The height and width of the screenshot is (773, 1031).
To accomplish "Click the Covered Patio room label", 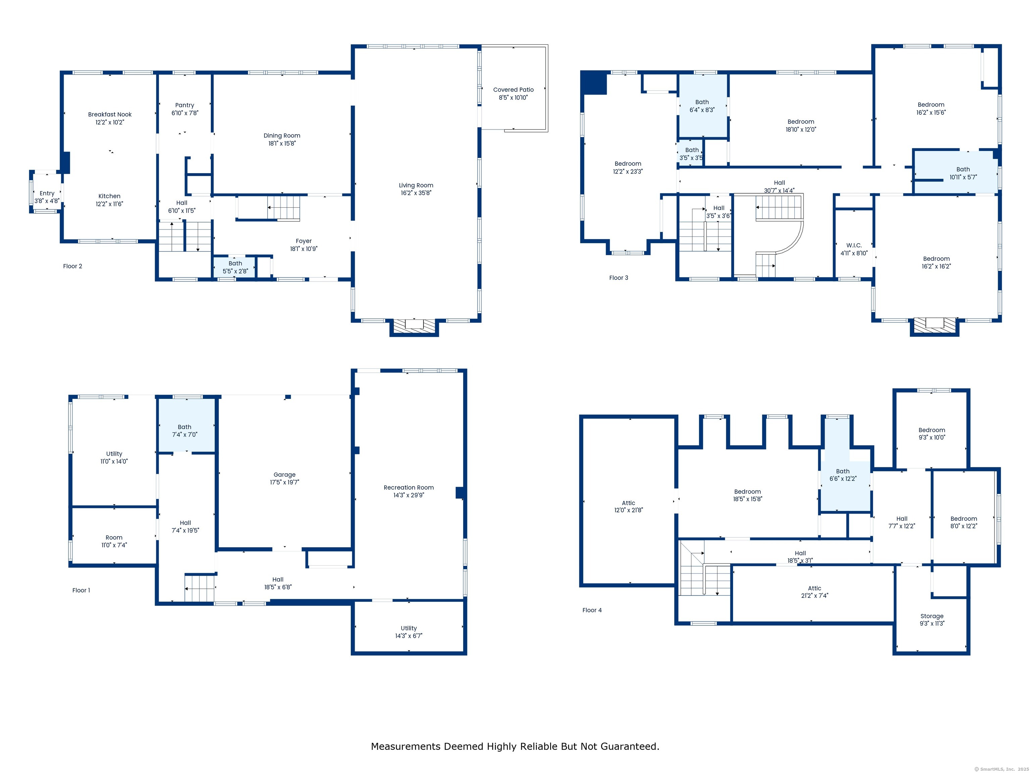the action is point(513,90).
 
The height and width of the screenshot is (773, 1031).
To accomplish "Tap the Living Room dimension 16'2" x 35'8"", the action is point(416,193).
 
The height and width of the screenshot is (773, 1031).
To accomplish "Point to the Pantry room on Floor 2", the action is point(185,109).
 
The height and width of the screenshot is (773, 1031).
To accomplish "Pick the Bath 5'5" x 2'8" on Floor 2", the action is point(235,267).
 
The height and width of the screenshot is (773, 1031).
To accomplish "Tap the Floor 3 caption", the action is point(619,278).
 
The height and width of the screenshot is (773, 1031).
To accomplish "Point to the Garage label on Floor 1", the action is point(284,474).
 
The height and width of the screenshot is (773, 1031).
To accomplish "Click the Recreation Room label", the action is point(409,487).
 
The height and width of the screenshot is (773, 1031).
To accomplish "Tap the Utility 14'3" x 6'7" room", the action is point(409,627).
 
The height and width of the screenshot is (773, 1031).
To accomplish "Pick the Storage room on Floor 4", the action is point(931,620).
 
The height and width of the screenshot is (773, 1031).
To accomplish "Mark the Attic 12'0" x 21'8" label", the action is point(628,503).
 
